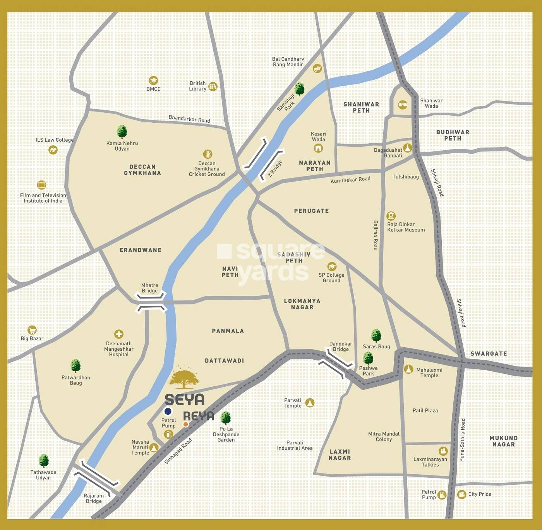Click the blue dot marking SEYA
point(168,411)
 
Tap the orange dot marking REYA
point(185,424)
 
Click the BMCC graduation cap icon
point(153,81)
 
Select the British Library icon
point(213,86)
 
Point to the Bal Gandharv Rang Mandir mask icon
point(317,69)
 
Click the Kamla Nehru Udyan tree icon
point(122,132)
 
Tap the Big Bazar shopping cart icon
point(32,330)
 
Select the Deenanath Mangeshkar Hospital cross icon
point(118,334)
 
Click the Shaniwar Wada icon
point(403,104)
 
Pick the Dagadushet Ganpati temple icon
point(407,148)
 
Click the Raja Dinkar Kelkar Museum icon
point(391,216)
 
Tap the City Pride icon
point(461,494)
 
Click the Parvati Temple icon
point(310,403)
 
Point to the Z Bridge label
point(275,169)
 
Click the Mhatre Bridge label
point(149,288)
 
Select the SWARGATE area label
point(489,353)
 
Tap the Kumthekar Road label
point(350,180)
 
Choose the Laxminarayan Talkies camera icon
point(443,451)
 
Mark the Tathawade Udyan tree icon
point(44,461)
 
